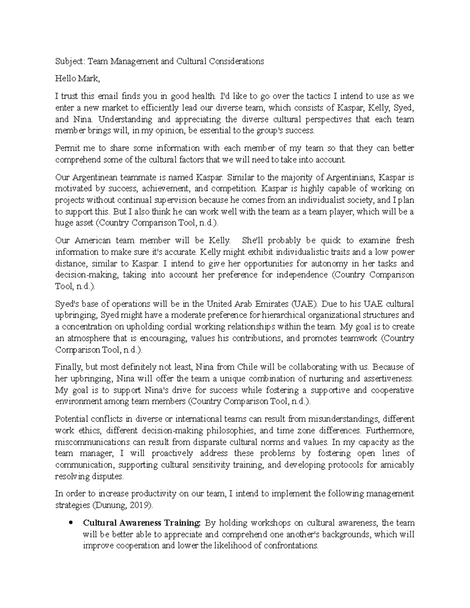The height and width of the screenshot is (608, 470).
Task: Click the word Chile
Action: (247, 367)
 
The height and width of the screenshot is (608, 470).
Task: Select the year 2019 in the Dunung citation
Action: (139, 505)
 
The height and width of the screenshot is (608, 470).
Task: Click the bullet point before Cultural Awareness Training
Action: (70, 523)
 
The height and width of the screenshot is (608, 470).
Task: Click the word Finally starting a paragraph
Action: (68, 367)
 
